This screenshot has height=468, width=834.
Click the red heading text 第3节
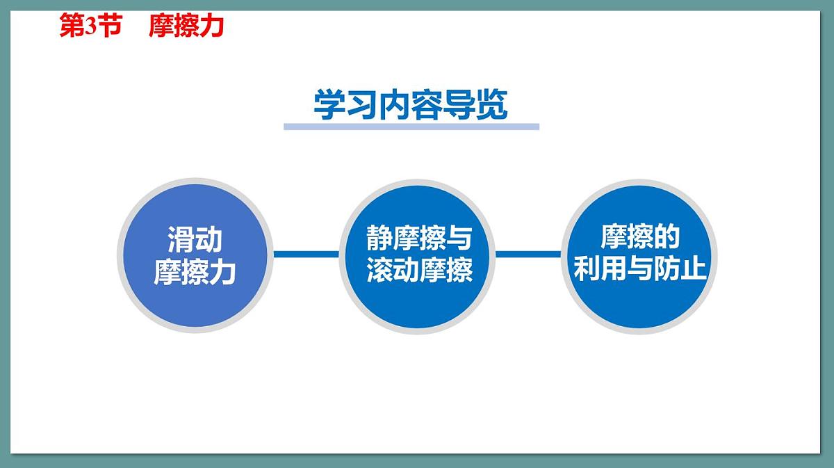coord(90,26)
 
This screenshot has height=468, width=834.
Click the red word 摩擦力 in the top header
coord(186,26)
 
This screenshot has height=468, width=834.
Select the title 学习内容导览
coord(411,105)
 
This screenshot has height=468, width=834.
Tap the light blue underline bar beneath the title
coord(411,127)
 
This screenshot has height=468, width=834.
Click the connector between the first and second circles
coord(306,255)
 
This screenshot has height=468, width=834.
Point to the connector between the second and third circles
coord(528,255)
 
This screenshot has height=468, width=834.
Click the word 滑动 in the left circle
coord(195,240)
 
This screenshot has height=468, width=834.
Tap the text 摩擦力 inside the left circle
coord(195,272)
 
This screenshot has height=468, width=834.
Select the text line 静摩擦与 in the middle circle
coord(419,239)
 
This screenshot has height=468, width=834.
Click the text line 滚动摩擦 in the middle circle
coord(419,271)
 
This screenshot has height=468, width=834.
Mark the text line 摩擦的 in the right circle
coord(639,238)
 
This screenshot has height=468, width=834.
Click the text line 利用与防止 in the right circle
coord(639,269)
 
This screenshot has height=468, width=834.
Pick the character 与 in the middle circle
coord(459,239)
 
